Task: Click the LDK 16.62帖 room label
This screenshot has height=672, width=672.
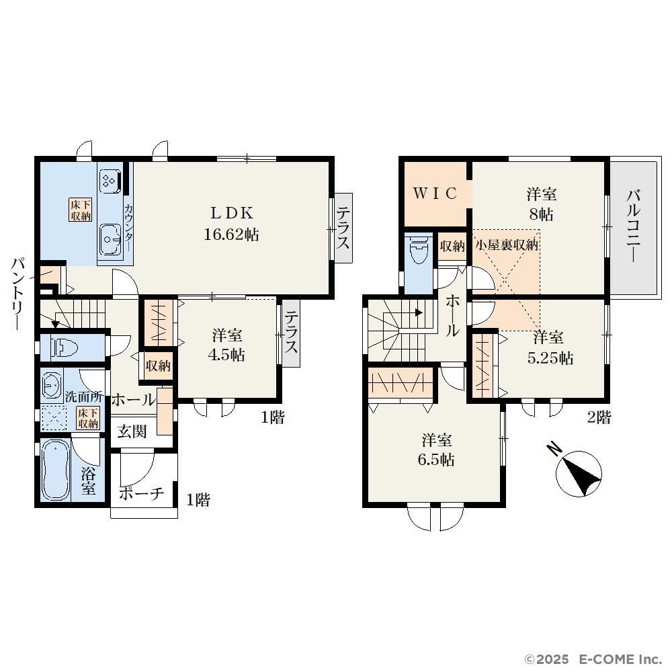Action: click(231, 224)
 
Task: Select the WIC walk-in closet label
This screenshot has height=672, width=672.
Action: click(435, 194)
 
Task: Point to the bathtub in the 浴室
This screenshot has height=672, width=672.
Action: click(56, 470)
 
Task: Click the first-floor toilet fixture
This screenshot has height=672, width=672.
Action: click(64, 347)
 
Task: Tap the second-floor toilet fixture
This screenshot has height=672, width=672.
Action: click(419, 249)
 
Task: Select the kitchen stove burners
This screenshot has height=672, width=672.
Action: click(109, 181)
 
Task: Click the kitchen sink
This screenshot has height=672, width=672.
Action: click(110, 240)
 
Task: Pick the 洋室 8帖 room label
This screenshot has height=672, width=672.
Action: click(541, 204)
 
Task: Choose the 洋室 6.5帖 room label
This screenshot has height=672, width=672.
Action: click(436, 450)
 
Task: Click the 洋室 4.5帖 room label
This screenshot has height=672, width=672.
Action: click(226, 345)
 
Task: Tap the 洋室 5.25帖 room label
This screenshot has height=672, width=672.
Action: click(550, 347)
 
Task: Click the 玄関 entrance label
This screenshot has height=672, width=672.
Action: click(132, 431)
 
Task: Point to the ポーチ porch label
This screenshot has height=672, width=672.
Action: click(141, 493)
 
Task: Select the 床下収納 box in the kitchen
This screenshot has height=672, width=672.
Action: click(81, 210)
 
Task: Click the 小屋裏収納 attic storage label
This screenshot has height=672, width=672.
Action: click(507, 245)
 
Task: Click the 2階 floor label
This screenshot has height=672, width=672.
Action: click(599, 417)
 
